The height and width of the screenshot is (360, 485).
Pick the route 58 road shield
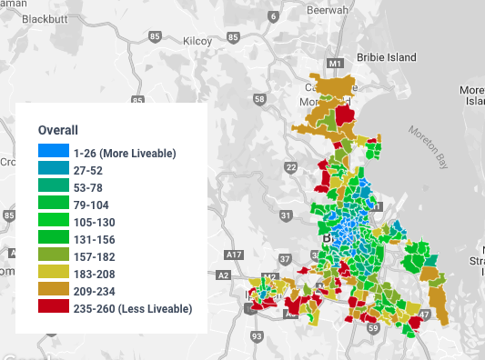[261, 99]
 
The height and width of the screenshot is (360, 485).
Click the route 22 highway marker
[290, 167]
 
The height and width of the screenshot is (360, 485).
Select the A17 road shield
[235, 255]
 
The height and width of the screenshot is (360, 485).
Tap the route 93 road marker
[257, 336]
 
